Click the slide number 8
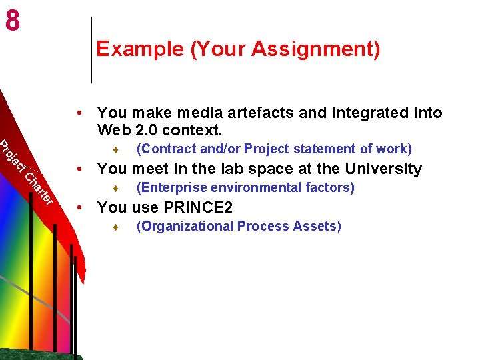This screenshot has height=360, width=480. point(12,21)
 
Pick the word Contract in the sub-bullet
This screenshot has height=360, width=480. point(165,149)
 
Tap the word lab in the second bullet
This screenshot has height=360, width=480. point(239,169)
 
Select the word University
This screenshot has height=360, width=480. point(383,169)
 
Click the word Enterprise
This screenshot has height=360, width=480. point(169,187)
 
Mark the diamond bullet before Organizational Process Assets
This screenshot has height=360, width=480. point(116,227)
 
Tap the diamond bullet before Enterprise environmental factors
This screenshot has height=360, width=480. point(116,189)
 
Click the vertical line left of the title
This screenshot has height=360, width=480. point(91,50)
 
